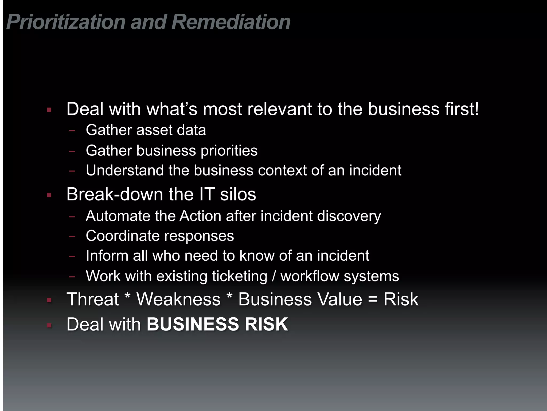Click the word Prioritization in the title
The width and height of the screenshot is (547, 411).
point(66,22)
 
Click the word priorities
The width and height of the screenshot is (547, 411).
point(229,151)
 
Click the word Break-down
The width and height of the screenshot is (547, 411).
point(115,194)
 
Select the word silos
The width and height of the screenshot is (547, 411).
point(238,194)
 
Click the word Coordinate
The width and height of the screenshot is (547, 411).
point(123,236)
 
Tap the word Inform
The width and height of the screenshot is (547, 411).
point(107,256)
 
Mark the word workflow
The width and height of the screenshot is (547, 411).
point(310,276)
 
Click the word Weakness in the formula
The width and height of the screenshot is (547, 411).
point(178,299)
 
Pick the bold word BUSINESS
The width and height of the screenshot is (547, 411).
point(193,324)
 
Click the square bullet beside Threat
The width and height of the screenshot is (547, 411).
point(49,300)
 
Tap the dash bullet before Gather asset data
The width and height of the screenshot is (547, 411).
point(72,131)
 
